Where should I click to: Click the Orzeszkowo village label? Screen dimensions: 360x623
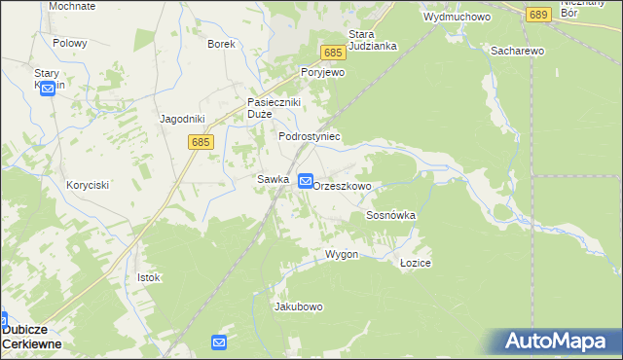coord(343,185)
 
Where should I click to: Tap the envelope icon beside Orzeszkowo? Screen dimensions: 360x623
coord(306,181)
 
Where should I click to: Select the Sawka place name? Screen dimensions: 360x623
coord(274,179)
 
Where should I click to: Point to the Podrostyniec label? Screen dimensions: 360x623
coord(310,137)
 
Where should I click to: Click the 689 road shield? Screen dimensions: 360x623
coord(539,15)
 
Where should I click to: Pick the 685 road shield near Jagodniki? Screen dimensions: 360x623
coord(202,142)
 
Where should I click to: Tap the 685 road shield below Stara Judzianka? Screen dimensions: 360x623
coord(333,53)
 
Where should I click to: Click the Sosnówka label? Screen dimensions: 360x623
coord(391,215)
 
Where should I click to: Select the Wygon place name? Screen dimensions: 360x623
coord(342,254)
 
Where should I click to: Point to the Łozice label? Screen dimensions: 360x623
coord(416,264)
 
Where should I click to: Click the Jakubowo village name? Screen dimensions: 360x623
coord(299,306)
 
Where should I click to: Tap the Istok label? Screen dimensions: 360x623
coord(148,277)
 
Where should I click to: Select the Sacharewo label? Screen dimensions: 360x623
coord(518,51)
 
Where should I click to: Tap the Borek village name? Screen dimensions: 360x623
coord(222,44)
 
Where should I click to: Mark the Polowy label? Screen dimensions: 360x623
coord(70,44)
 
